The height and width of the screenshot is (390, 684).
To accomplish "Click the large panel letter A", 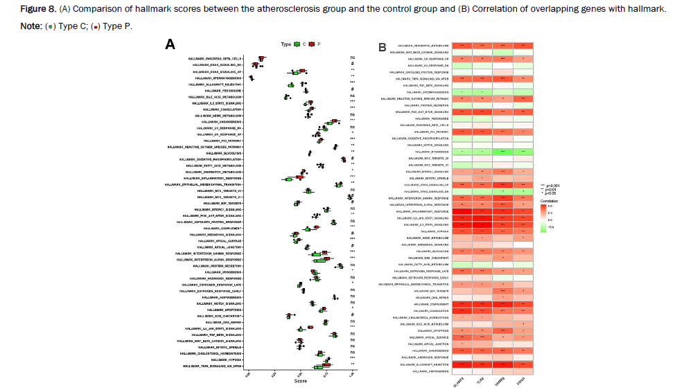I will pos(170,44).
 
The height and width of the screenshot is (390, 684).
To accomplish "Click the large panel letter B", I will pos(382,47).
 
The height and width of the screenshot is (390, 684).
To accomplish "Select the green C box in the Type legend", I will pos(297,44).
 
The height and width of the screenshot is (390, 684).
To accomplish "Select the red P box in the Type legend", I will pos(313,44).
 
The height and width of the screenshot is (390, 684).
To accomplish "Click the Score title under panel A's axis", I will pos(301,381).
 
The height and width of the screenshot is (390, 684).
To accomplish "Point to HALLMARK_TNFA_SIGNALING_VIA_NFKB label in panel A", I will pos(213,366).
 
